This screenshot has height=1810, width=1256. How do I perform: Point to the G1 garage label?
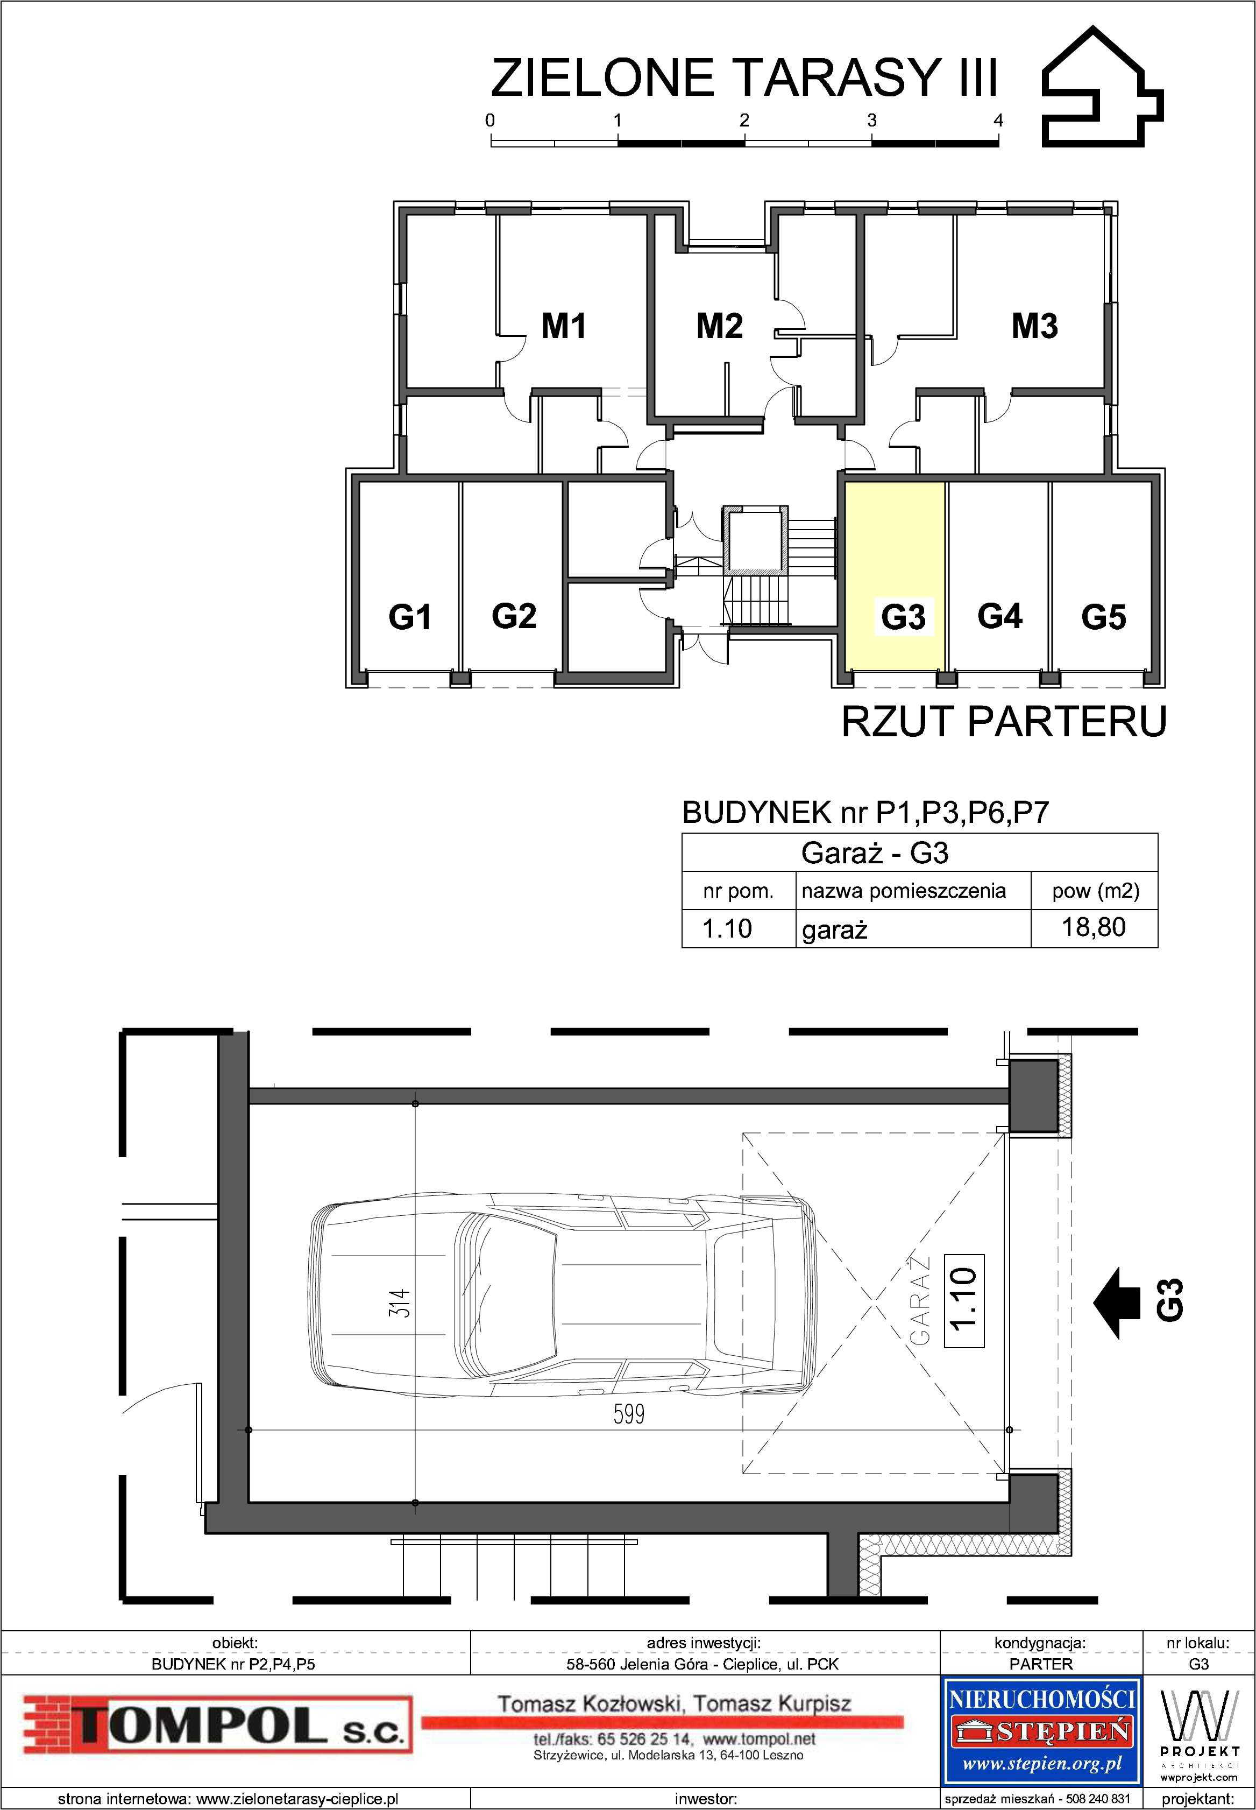(409, 616)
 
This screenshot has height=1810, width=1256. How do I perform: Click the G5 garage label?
(1103, 616)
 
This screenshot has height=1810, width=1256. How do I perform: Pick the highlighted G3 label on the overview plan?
(903, 616)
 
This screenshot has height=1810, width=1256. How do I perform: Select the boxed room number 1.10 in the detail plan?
(964, 1300)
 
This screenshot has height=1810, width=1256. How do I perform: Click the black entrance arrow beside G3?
(1117, 1303)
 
